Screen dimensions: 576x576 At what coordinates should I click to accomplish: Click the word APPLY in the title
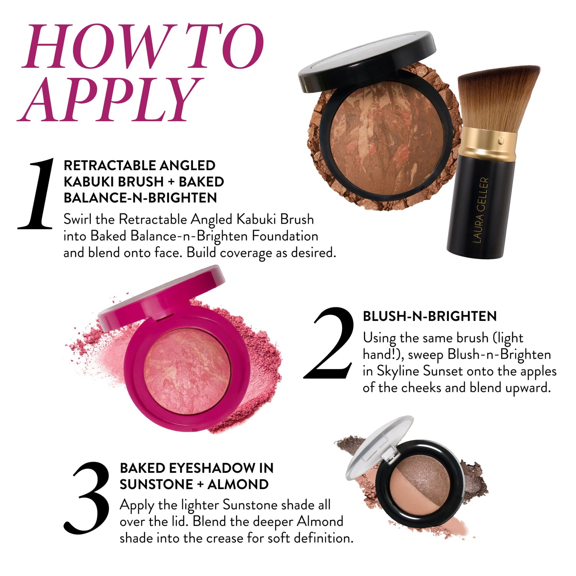pyautogui.click(x=110, y=100)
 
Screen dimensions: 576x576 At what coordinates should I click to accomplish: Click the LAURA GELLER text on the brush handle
pyautogui.click(x=480, y=210)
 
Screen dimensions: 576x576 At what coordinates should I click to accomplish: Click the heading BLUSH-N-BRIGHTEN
pyautogui.click(x=429, y=317)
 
